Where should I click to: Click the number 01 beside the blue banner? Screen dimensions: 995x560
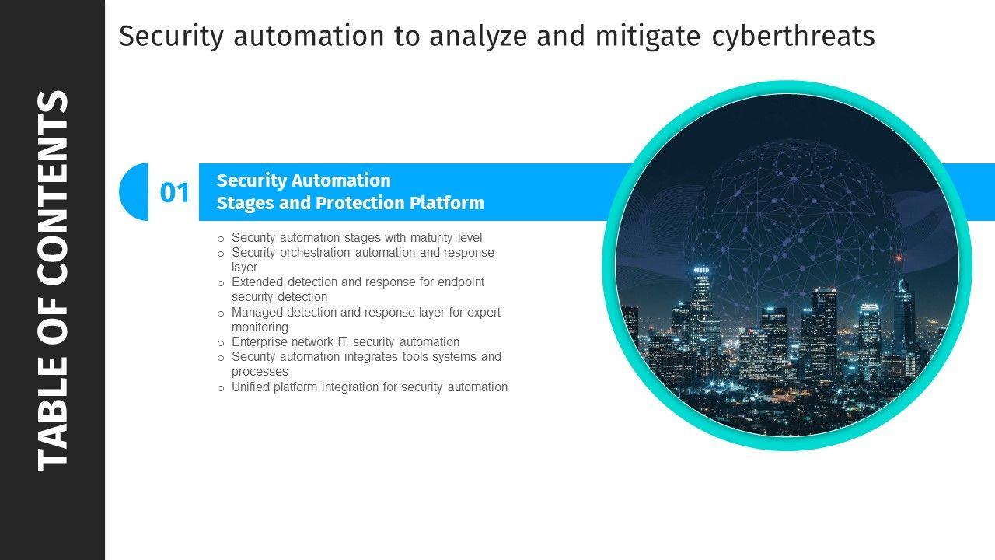point(175,192)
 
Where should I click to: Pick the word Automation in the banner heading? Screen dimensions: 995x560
point(341,180)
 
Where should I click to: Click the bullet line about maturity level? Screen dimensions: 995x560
point(357,237)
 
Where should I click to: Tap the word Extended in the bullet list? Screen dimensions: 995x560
point(257,282)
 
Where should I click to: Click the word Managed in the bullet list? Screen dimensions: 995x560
point(257,312)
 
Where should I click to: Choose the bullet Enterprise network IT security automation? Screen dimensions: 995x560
point(345,341)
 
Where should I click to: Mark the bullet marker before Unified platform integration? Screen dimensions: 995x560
point(221,387)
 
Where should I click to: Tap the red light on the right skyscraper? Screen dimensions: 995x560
point(899,257)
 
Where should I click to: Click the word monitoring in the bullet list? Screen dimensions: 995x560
point(260,327)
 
